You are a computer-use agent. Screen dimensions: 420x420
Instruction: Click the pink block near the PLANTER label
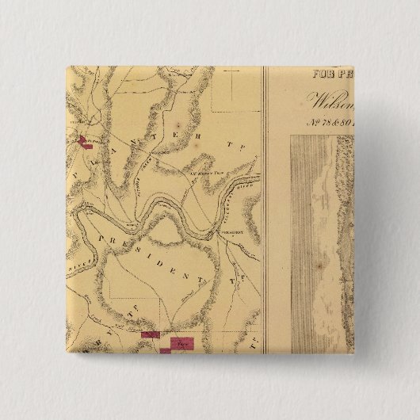[x=84, y=143]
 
